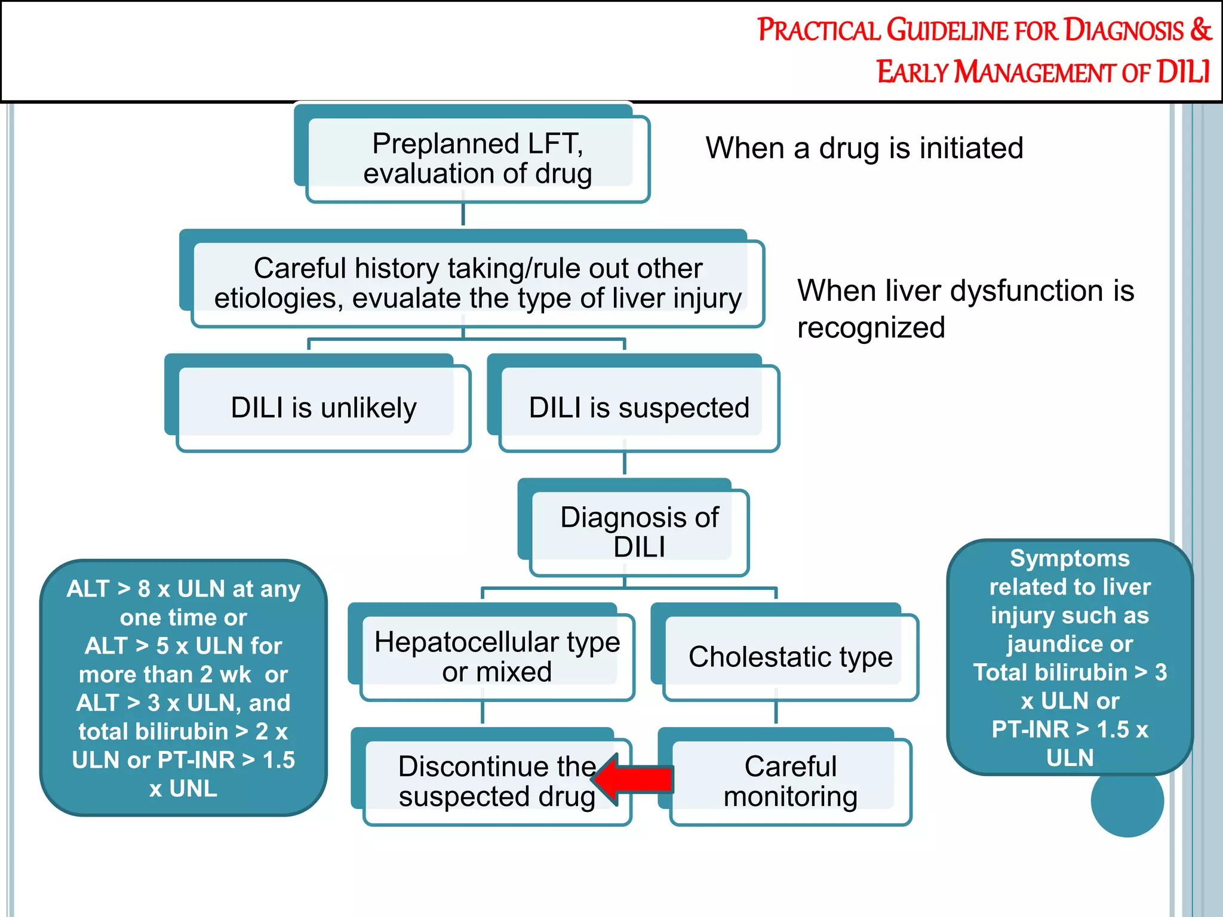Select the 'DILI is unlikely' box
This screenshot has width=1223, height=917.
(324, 408)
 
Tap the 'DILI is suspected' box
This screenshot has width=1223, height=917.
(639, 408)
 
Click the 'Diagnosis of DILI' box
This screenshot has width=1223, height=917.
(639, 532)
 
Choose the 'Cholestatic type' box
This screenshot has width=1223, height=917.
(790, 657)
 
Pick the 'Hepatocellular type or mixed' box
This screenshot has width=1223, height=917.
(497, 657)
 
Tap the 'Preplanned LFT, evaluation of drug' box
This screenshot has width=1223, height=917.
(478, 158)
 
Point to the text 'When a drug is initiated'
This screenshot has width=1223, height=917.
(864, 148)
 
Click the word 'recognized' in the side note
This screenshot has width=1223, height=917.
(871, 328)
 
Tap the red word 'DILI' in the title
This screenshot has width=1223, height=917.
(1183, 72)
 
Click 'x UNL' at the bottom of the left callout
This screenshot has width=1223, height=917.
(183, 789)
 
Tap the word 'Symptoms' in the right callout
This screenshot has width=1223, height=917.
(1070, 559)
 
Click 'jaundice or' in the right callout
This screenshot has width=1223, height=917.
(1070, 644)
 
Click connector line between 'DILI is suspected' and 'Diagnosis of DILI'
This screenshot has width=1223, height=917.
(625, 463)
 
